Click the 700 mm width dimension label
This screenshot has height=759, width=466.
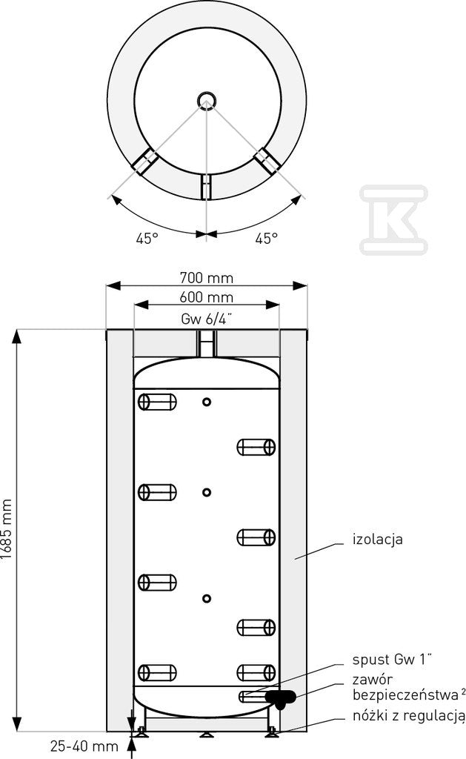pos(207,278)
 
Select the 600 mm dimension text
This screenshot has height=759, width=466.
pos(207,297)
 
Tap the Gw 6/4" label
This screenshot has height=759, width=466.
pos(207,319)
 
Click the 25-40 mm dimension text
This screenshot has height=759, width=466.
pos(84,746)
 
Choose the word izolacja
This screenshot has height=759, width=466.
pos(377,540)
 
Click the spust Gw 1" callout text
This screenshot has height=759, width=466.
pos(392,659)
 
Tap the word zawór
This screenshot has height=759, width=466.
pos(373,680)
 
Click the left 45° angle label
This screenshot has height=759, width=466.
pos(147,238)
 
